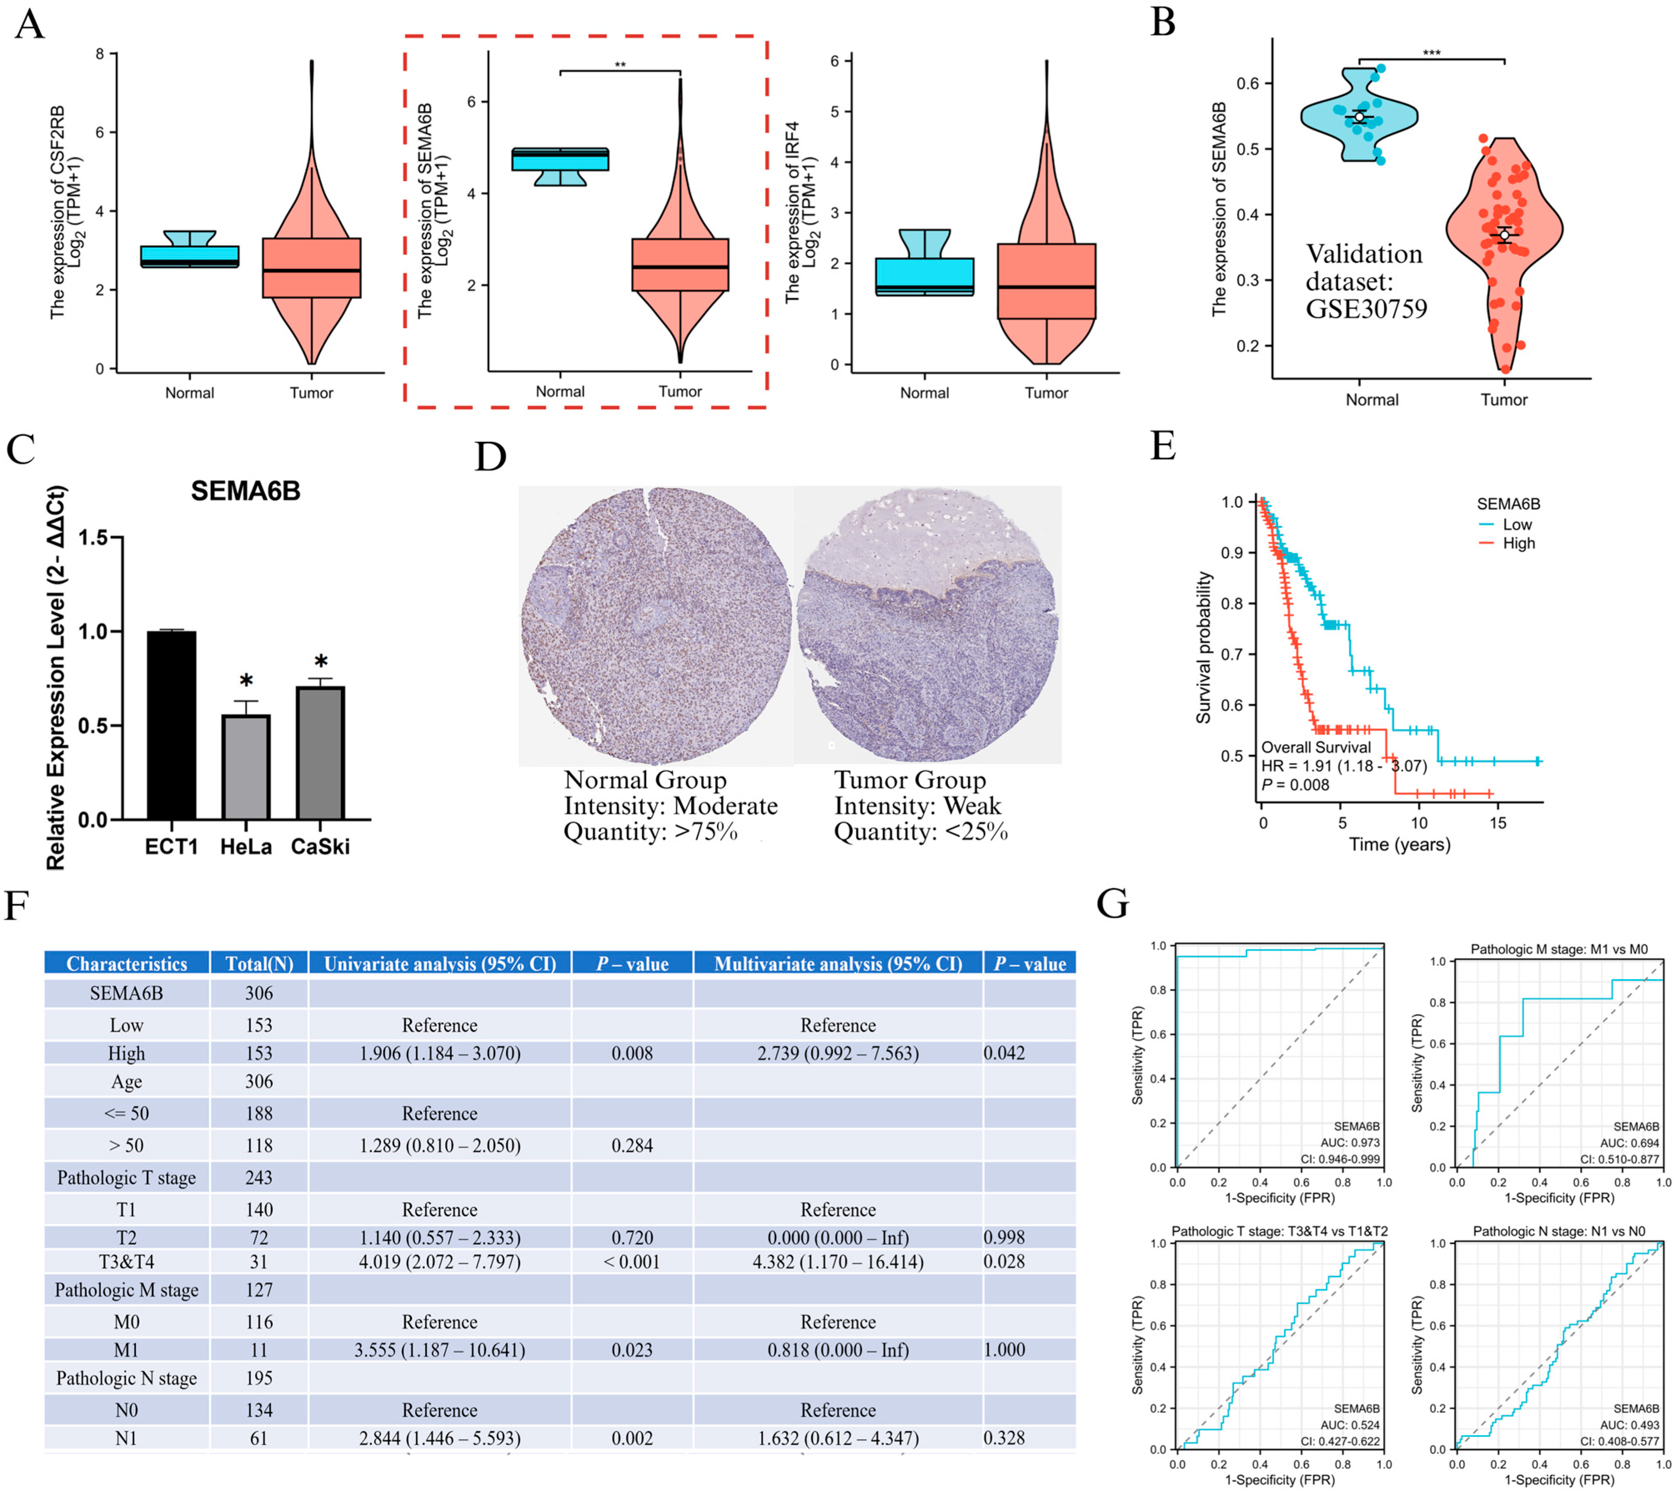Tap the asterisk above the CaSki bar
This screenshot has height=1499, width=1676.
[321, 662]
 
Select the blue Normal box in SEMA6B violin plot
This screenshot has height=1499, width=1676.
[560, 159]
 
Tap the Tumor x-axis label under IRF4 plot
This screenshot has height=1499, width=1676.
[1046, 393]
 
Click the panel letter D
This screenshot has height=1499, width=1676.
[491, 456]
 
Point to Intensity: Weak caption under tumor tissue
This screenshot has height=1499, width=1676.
[917, 805]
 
